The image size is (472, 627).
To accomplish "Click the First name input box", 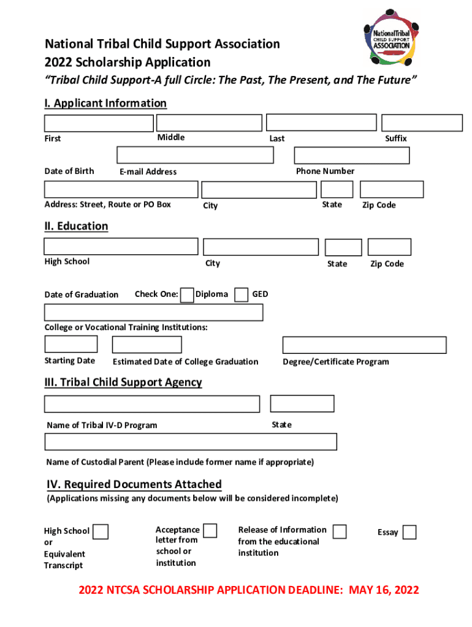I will tap(99, 123).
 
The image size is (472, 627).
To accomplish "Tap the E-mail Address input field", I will tap(195, 155).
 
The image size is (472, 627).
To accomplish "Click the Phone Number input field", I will tap(351, 156).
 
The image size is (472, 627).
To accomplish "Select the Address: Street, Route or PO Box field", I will tap(121, 189).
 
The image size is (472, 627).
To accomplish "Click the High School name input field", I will tap(121, 246).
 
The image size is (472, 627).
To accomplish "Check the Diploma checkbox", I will tap(188, 295).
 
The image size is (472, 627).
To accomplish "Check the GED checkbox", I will tap(242, 295).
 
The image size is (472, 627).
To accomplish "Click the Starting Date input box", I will tap(70, 344).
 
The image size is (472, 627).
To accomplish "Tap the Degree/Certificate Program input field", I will tap(364, 345).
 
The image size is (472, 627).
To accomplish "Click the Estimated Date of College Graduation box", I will tap(147, 345).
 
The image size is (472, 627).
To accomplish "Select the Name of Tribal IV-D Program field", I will tap(152, 404).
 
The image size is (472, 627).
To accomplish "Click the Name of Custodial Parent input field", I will tap(191, 441).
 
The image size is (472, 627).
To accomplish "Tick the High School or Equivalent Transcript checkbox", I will tap(101, 531).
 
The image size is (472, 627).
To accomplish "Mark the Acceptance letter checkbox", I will tap(210, 530).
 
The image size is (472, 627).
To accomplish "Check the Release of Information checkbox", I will tap(340, 531).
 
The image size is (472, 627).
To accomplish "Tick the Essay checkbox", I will tap(409, 532).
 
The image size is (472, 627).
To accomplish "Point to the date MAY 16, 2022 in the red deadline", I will tap(384, 590).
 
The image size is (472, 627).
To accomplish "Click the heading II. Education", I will tap(76, 226).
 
